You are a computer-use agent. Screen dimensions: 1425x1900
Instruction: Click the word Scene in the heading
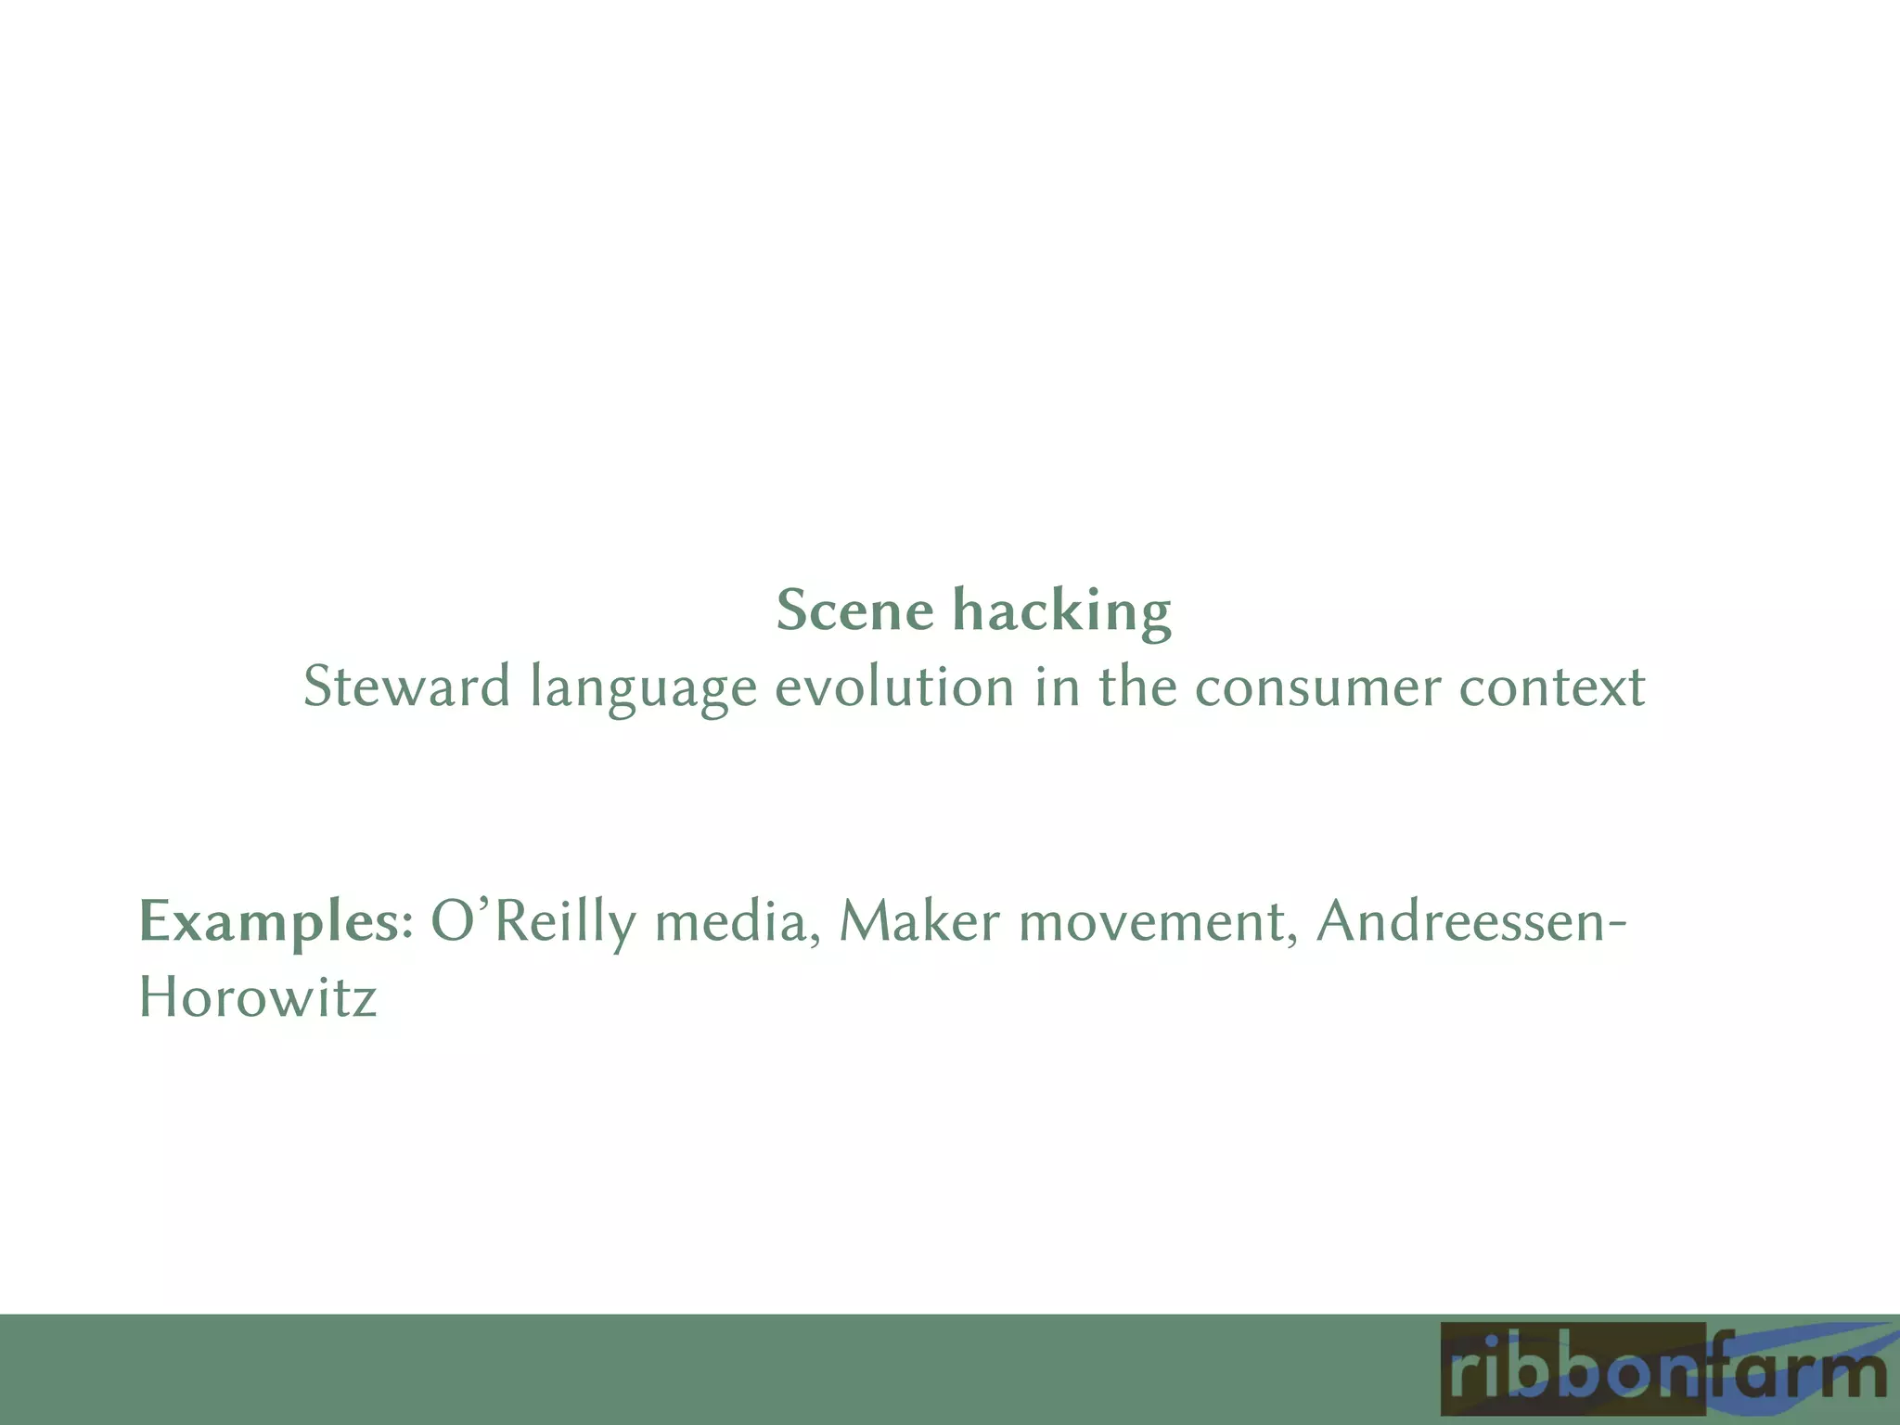click(x=854, y=611)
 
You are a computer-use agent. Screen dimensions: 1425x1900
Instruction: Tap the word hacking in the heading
click(x=1063, y=611)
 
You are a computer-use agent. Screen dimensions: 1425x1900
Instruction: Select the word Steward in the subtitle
click(x=406, y=687)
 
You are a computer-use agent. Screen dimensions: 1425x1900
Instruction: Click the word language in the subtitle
click(x=643, y=687)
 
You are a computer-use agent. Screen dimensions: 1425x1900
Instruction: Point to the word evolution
click(x=894, y=687)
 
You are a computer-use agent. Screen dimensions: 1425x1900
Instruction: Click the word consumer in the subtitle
click(x=1317, y=687)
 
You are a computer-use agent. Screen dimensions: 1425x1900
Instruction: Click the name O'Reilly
click(x=533, y=922)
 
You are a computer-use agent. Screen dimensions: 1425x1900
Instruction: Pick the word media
click(x=737, y=922)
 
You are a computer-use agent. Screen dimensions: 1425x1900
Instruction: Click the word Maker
click(x=919, y=922)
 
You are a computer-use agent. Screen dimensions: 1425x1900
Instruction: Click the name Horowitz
click(x=258, y=998)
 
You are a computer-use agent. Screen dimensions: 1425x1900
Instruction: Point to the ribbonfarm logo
click(x=1661, y=1372)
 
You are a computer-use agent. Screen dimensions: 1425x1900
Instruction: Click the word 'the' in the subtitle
click(x=1136, y=687)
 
